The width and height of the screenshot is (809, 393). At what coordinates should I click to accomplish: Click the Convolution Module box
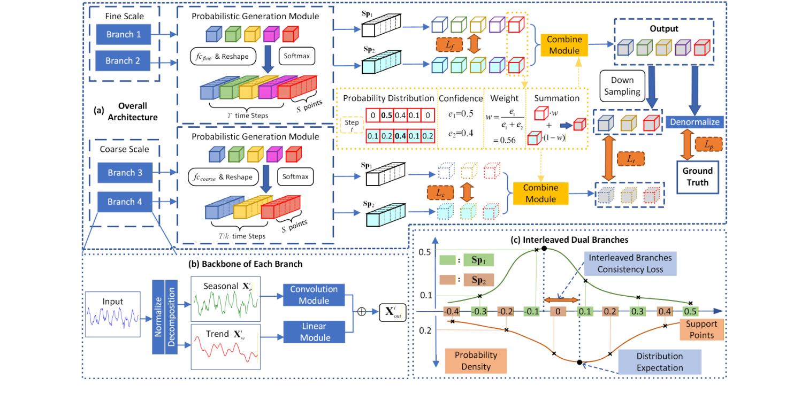click(314, 294)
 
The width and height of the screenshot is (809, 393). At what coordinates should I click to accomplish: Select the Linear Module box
click(314, 331)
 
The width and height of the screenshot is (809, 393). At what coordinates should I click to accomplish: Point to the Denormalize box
click(694, 122)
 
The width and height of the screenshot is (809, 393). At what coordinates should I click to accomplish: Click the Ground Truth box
click(697, 176)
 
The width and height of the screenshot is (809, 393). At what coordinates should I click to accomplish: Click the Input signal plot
click(113, 314)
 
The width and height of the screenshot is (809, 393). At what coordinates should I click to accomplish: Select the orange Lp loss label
click(708, 145)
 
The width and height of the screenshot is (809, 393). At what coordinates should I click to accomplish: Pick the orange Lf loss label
click(448, 44)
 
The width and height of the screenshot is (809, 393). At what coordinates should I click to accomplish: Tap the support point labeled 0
click(559, 311)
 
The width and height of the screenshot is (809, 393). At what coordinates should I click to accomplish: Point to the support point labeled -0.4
click(452, 311)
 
